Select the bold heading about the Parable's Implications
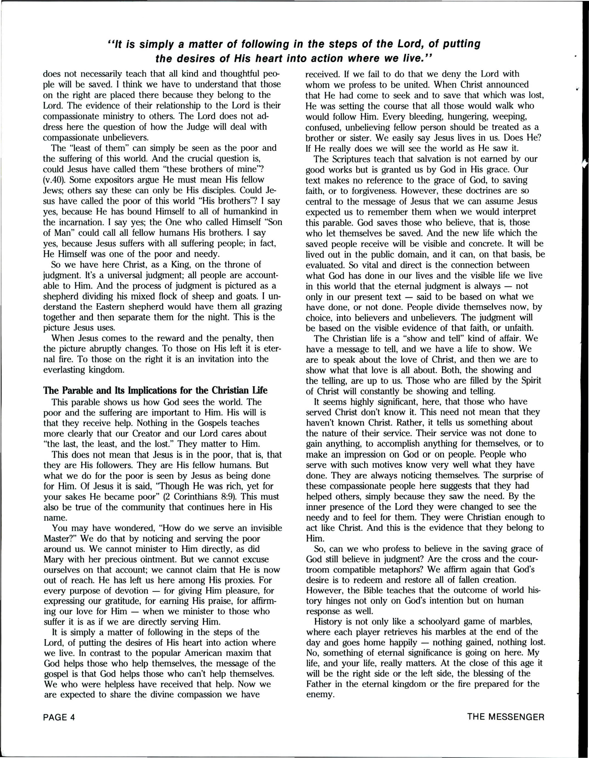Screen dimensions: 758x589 tap(155, 390)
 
